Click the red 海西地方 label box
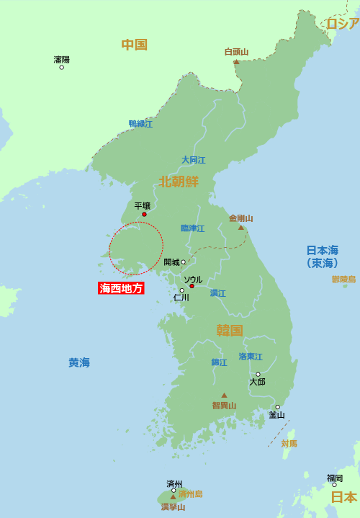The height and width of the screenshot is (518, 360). tap(121, 288)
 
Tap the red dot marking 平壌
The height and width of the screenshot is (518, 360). tap(144, 214)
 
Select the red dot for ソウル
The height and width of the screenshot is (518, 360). tap(192, 286)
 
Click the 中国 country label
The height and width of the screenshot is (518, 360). tap(134, 45)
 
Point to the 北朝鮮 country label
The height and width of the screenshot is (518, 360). tap(179, 182)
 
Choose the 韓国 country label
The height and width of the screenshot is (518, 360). tap(230, 331)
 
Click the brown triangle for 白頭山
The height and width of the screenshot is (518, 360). tap(236, 62)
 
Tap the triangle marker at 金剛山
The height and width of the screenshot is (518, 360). tap(241, 228)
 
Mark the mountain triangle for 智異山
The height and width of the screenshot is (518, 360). tap(224, 395)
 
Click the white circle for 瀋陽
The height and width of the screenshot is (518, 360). tap(62, 67)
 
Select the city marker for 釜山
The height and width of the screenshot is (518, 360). tap(277, 407)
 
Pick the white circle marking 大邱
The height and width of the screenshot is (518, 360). tap(258, 374)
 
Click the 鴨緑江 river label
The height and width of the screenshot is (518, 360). tap(140, 124)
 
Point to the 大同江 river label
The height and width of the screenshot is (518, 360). tap(193, 160)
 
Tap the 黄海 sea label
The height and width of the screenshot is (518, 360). tap(79, 362)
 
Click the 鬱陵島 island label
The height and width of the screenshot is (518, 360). tap(343, 279)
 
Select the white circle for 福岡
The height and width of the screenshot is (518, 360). tap(334, 485)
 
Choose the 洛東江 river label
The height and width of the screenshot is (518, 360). tap(251, 357)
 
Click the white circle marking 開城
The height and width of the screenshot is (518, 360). tap(183, 262)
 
